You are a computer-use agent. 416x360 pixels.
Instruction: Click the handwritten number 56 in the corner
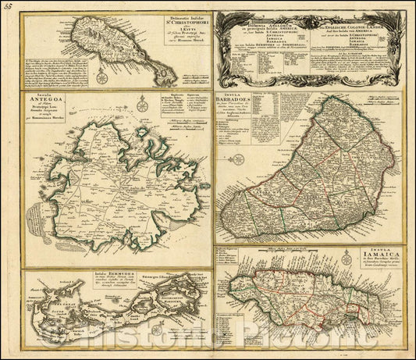pos(8,7)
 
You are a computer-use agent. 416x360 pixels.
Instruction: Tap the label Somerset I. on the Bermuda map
pos(34,311)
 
